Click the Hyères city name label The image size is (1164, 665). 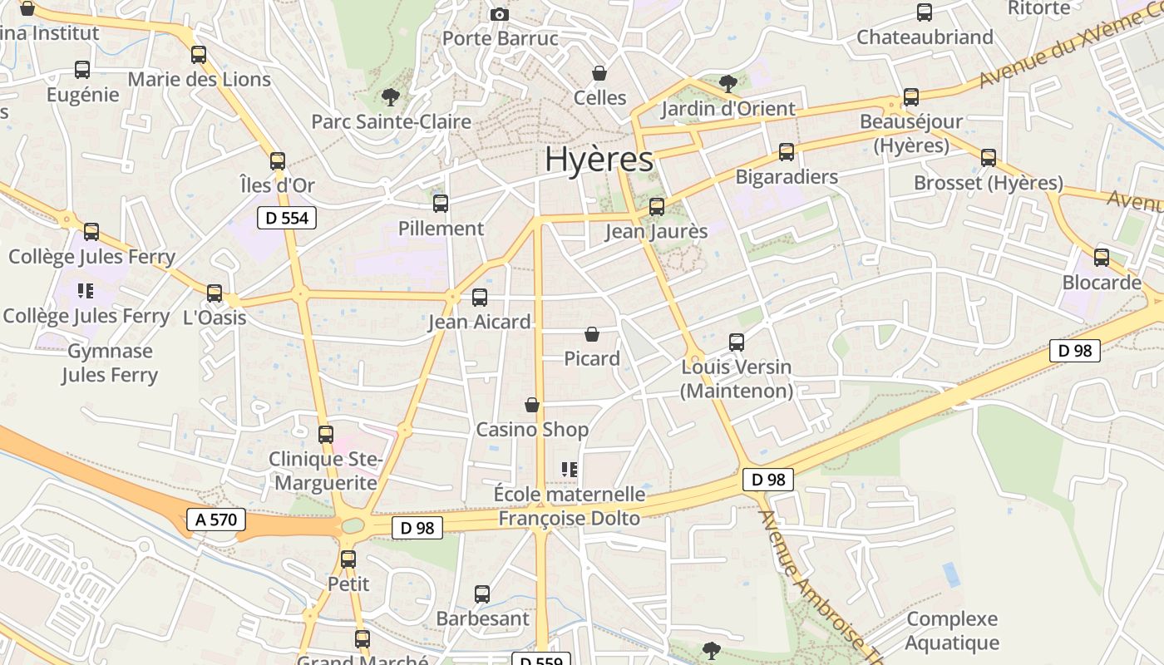599,160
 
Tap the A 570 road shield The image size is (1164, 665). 217,520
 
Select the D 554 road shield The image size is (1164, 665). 287,219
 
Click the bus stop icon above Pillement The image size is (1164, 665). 441,203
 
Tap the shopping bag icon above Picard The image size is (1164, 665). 592,334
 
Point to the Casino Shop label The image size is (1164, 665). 532,430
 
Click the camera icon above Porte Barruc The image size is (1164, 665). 499,14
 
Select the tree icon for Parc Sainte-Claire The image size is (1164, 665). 390,97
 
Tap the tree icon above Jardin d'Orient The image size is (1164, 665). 727,83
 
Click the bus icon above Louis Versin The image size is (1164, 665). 737,342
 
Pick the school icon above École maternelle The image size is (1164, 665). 570,470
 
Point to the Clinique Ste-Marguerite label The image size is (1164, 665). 325,470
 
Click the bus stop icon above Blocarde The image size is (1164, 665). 1102,258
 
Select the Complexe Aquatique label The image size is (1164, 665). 952,631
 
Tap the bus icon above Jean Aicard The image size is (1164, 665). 480,297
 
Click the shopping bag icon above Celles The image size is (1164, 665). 599,73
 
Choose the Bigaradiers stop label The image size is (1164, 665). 787,177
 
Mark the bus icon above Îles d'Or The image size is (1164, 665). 278,161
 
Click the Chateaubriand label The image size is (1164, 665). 925,37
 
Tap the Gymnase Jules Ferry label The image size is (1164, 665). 109,363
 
